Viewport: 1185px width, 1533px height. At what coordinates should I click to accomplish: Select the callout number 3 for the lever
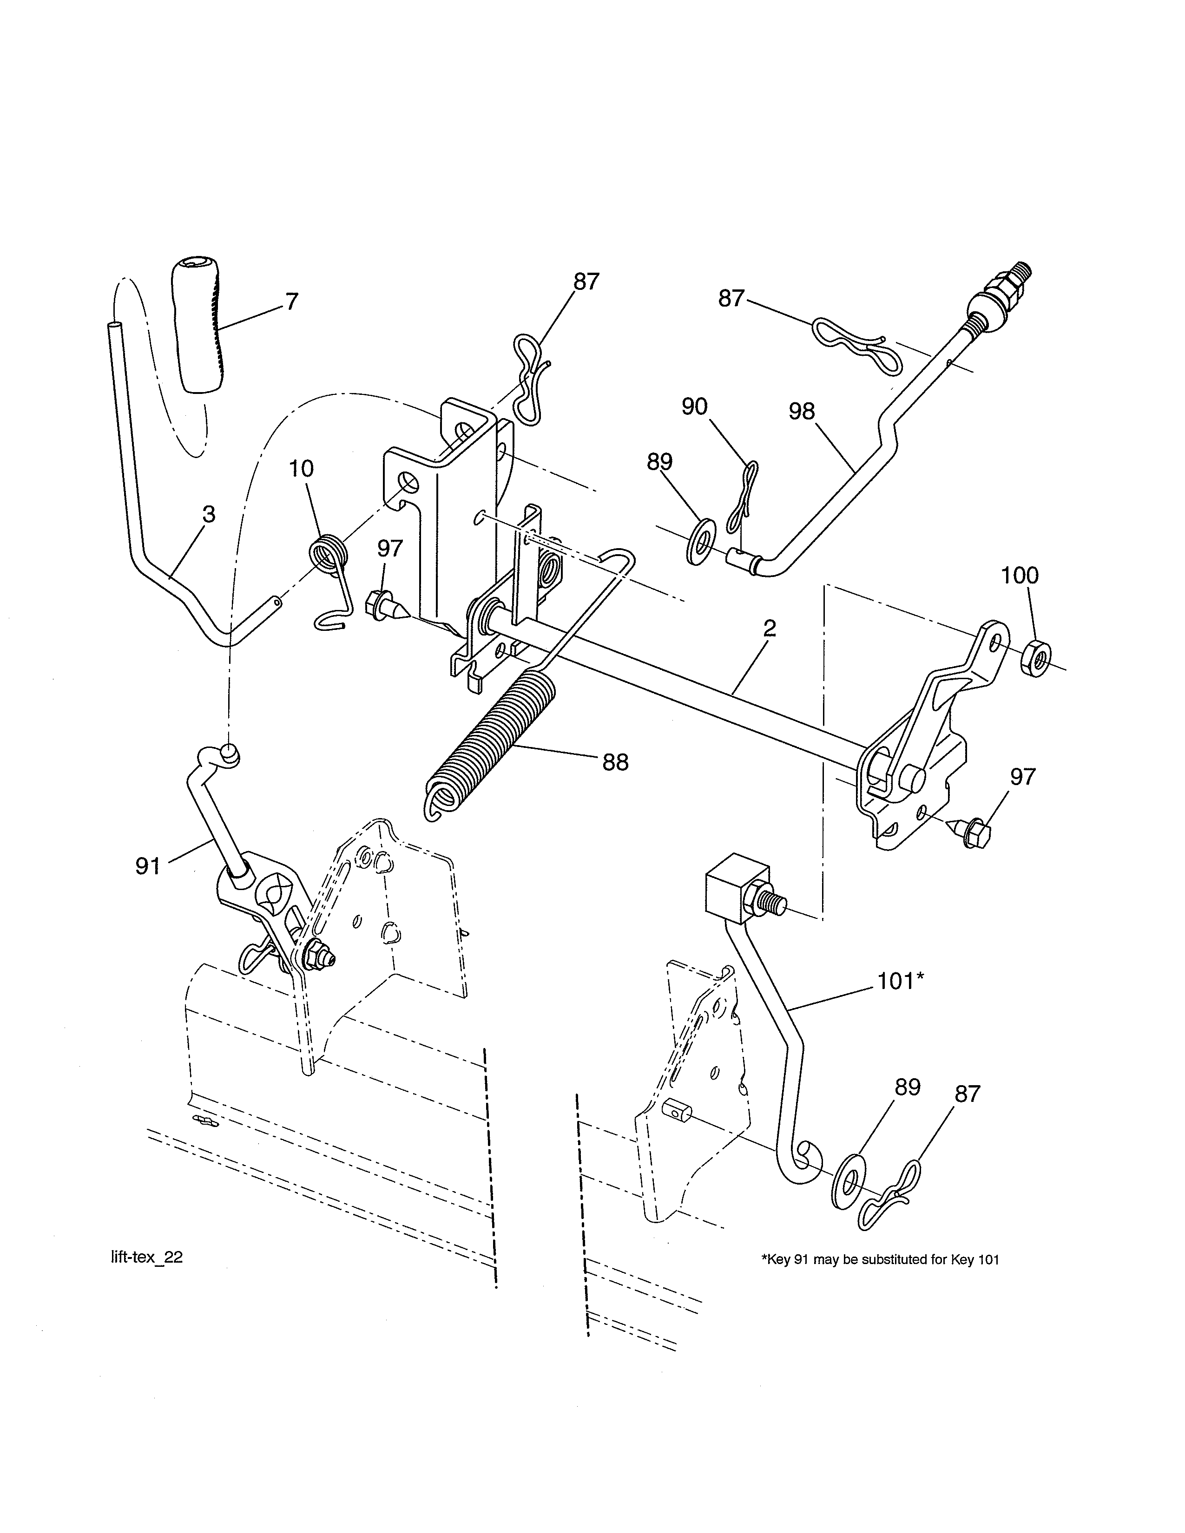[209, 515]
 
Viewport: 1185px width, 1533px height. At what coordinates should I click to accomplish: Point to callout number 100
[1019, 576]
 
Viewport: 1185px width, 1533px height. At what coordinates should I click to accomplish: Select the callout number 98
[802, 411]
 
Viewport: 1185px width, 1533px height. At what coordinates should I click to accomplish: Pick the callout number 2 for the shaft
[770, 628]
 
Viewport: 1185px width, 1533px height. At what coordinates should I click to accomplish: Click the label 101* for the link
[900, 981]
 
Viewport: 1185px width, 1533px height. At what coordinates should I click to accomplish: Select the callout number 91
[147, 866]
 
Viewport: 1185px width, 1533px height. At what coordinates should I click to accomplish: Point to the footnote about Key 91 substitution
[880, 1259]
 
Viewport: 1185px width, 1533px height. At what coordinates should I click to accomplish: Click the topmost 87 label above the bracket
[586, 282]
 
